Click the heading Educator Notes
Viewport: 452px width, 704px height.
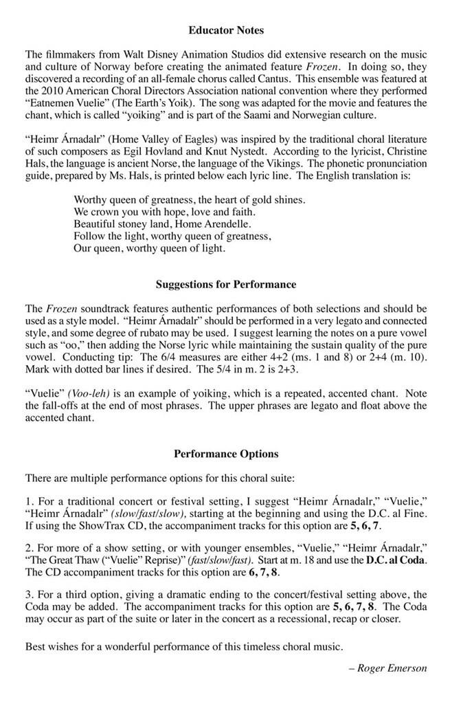point(225,30)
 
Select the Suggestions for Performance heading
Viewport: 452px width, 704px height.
point(226,284)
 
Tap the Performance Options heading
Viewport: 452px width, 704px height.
point(226,454)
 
